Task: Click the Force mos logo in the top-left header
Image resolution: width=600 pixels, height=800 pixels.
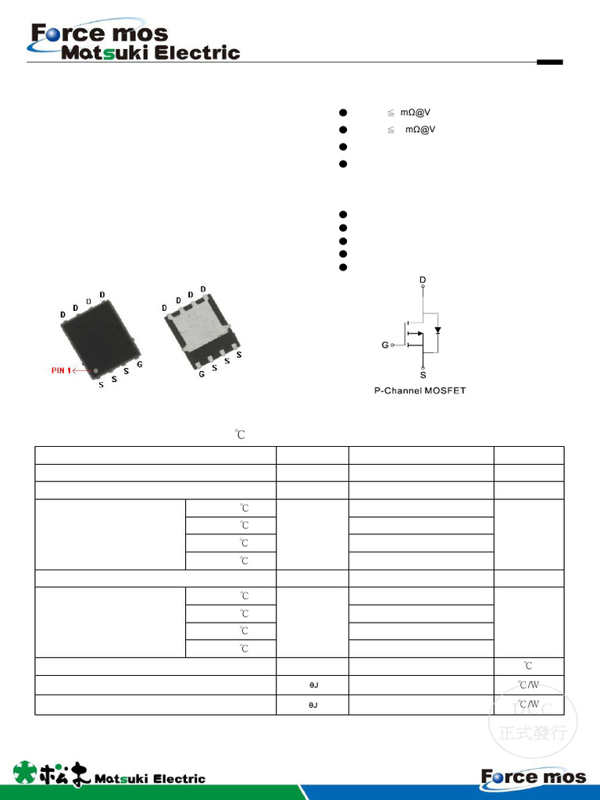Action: click(x=99, y=33)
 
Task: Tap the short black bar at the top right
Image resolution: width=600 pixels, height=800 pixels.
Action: click(x=549, y=62)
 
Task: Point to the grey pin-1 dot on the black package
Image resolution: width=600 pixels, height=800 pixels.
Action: click(x=96, y=370)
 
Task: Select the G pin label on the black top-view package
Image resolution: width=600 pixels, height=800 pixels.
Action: click(x=139, y=365)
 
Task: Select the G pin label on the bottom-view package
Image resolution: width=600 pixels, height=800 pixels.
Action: click(x=202, y=374)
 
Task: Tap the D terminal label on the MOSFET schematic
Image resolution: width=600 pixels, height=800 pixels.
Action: click(x=423, y=280)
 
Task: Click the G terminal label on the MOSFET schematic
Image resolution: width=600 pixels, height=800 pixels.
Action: click(x=384, y=344)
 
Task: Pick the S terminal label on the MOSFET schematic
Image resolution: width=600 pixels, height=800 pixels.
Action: click(x=423, y=375)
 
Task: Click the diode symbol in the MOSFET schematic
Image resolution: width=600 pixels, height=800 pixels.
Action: click(x=437, y=330)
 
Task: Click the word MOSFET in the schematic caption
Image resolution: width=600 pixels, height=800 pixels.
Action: click(x=444, y=390)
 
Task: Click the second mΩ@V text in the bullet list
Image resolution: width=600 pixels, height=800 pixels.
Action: click(x=420, y=130)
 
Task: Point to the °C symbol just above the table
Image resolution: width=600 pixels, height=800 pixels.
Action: click(x=241, y=434)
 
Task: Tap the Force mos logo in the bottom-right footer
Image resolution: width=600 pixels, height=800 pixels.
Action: click(x=533, y=777)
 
